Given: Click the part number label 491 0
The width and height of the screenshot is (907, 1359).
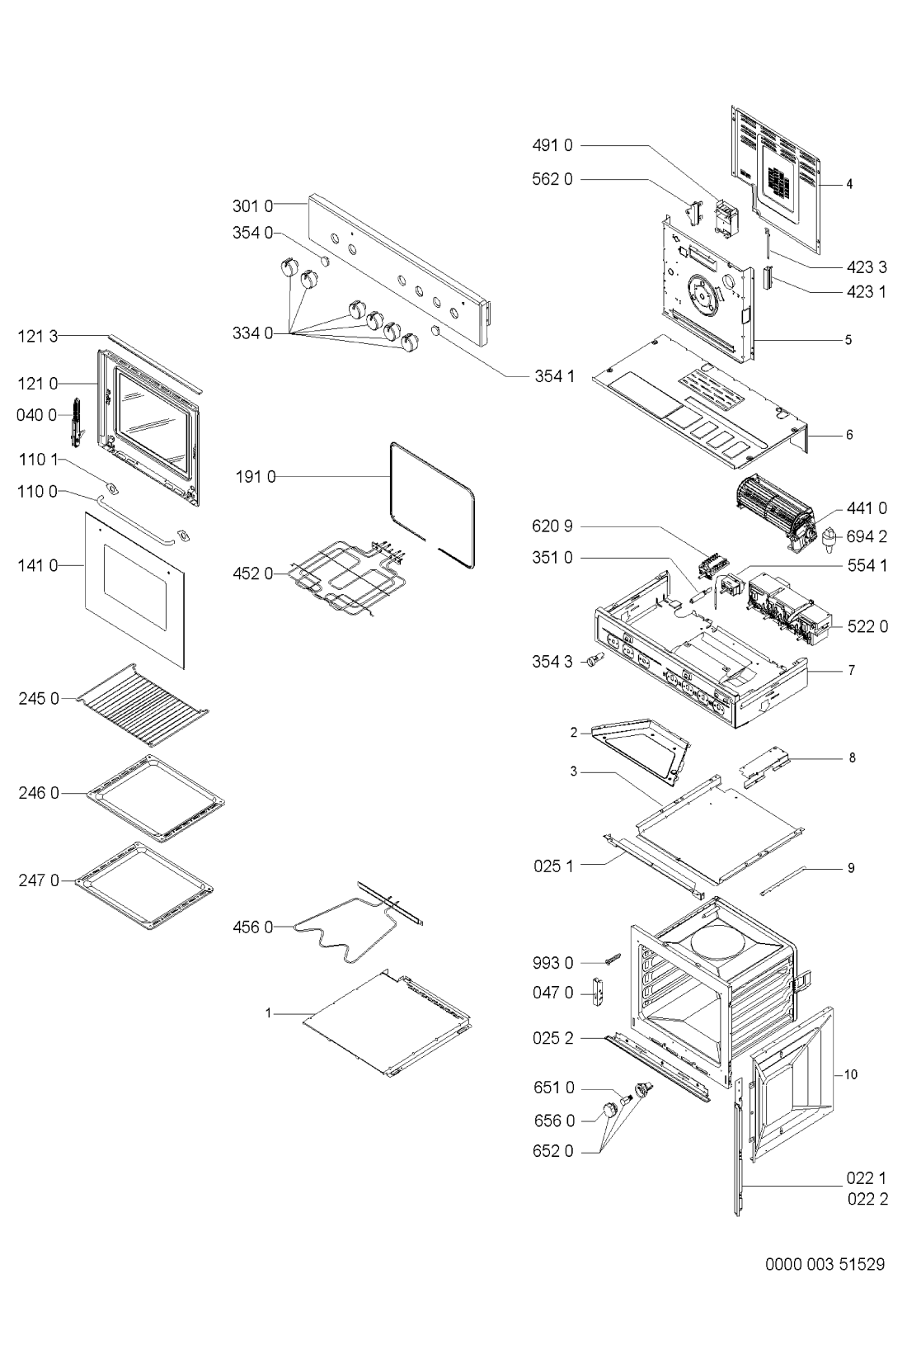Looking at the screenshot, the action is [552, 145].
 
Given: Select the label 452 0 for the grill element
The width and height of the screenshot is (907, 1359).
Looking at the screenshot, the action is [253, 573].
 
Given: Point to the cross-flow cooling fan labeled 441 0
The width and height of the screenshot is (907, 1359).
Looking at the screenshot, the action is [771, 512].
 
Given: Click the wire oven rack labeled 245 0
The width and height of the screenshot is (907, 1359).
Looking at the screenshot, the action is [142, 704].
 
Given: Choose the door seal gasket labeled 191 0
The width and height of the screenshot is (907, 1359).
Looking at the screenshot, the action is [432, 505].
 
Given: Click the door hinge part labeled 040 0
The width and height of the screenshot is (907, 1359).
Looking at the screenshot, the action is [77, 422].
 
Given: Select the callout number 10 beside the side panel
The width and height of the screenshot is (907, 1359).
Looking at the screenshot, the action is [851, 1074].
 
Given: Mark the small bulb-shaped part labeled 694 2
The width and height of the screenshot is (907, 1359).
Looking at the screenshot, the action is [830, 537].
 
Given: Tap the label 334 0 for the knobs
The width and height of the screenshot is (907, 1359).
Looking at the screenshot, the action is [253, 333].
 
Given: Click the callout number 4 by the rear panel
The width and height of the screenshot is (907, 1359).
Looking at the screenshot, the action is [849, 183].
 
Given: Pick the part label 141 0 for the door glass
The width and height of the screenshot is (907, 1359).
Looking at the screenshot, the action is [38, 566].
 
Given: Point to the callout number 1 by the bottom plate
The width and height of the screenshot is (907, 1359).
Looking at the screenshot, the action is [268, 1013].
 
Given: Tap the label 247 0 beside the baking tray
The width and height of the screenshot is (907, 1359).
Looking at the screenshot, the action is [39, 880].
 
